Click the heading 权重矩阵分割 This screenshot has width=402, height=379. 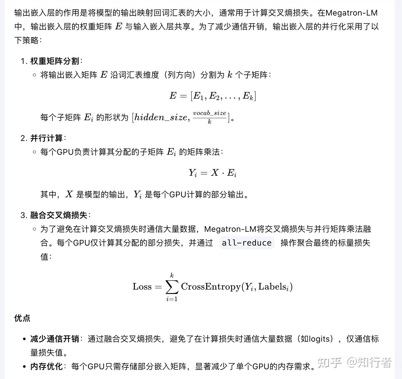pyautogui.click(x=54, y=61)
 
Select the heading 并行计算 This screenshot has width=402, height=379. pyautogui.click(x=46, y=138)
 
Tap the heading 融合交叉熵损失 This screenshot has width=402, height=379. pyautogui.click(x=58, y=215)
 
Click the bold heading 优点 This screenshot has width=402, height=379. pyautogui.click(x=22, y=318)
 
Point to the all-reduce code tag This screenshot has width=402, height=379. pyautogui.click(x=246, y=243)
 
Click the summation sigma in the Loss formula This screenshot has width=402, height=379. pyautogui.click(x=172, y=287)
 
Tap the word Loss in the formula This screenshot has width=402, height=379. pyautogui.click(x=142, y=287)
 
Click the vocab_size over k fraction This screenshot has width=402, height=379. pyautogui.click(x=209, y=117)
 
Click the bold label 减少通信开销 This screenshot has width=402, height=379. pyautogui.click(x=54, y=339)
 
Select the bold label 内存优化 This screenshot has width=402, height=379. pyautogui.click(x=46, y=366)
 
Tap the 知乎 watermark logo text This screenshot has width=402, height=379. pyautogui.click(x=330, y=363)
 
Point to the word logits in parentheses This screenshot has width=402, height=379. pyautogui.click(x=321, y=339)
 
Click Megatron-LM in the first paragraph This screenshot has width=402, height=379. pyautogui.click(x=351, y=13)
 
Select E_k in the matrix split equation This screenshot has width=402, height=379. pyautogui.click(x=248, y=96)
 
